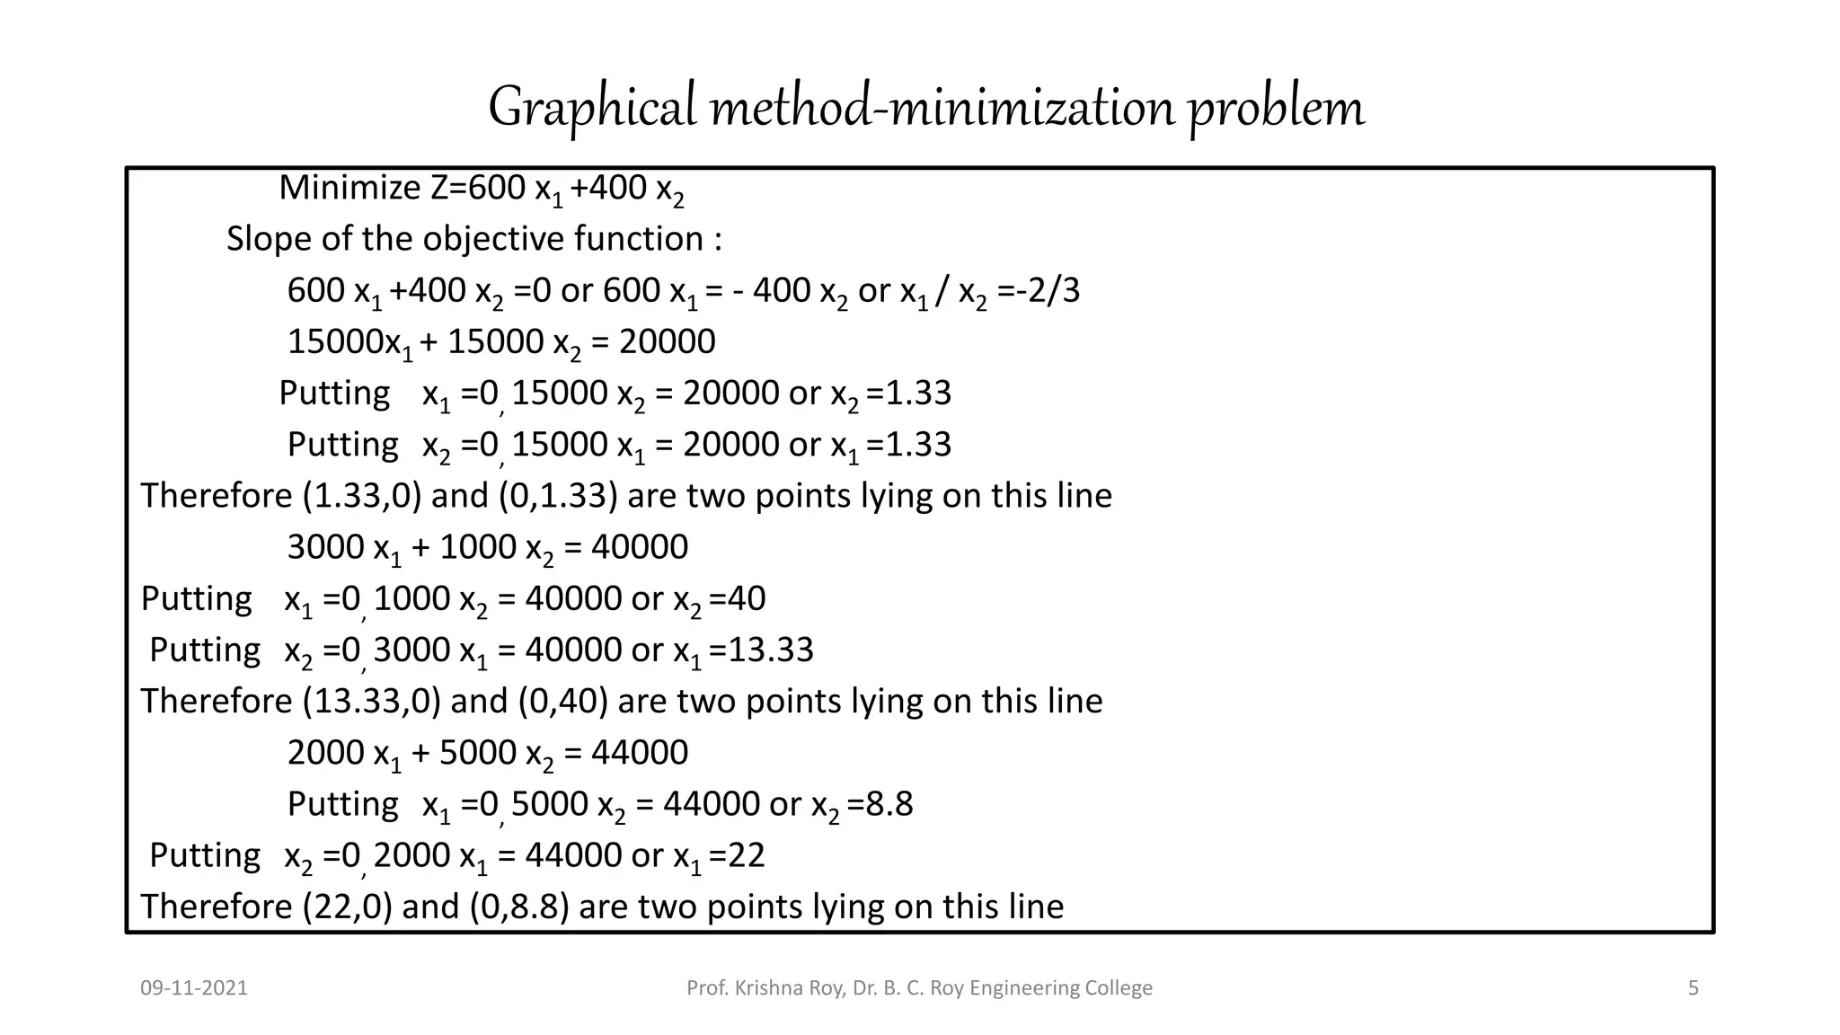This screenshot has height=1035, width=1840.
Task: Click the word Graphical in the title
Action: (x=592, y=107)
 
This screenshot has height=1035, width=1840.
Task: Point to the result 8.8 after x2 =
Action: (x=889, y=804)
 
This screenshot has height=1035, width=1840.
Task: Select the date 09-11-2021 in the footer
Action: (x=194, y=988)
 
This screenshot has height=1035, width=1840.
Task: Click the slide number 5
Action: (x=1694, y=988)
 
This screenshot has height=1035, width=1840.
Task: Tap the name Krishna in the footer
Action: (x=769, y=988)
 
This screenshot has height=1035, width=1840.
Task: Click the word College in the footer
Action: (x=1119, y=988)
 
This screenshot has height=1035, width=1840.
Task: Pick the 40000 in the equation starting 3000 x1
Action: (x=639, y=547)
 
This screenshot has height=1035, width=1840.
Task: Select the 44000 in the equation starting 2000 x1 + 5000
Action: (x=639, y=753)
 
